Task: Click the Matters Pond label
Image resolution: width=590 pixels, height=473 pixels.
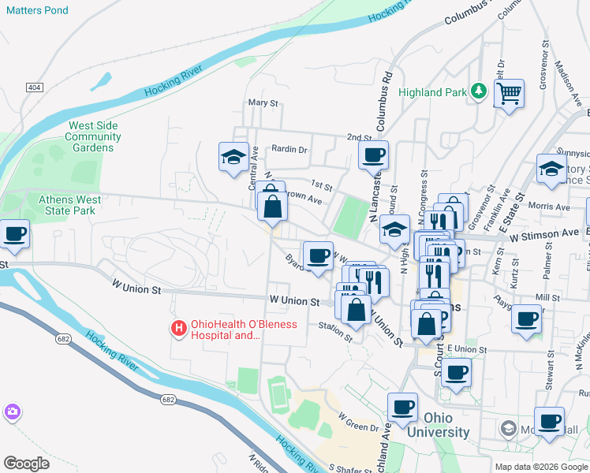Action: click(38, 11)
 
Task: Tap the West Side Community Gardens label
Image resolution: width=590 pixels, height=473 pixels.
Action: click(94, 136)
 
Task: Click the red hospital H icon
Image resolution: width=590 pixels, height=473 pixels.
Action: click(179, 327)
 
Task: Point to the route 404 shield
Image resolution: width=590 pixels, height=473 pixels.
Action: click(34, 87)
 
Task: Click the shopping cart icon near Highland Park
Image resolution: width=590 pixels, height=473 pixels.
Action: click(510, 94)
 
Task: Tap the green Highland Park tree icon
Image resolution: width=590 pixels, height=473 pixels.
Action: click(478, 92)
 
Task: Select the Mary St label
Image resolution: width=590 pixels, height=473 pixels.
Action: click(263, 103)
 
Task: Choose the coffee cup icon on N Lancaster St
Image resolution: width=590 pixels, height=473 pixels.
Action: click(373, 155)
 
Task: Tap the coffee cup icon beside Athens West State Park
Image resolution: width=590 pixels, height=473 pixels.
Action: click(14, 233)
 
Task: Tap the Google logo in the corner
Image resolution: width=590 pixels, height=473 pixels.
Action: click(26, 464)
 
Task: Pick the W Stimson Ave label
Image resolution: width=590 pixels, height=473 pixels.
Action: click(543, 234)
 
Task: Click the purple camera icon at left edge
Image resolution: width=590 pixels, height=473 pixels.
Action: click(12, 412)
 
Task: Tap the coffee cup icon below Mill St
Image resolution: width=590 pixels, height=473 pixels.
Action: click(526, 318)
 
